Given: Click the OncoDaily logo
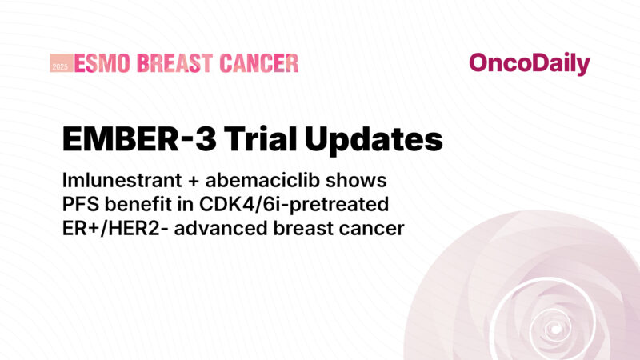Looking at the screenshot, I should tap(529, 64).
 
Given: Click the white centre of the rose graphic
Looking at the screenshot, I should tap(552, 329).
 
